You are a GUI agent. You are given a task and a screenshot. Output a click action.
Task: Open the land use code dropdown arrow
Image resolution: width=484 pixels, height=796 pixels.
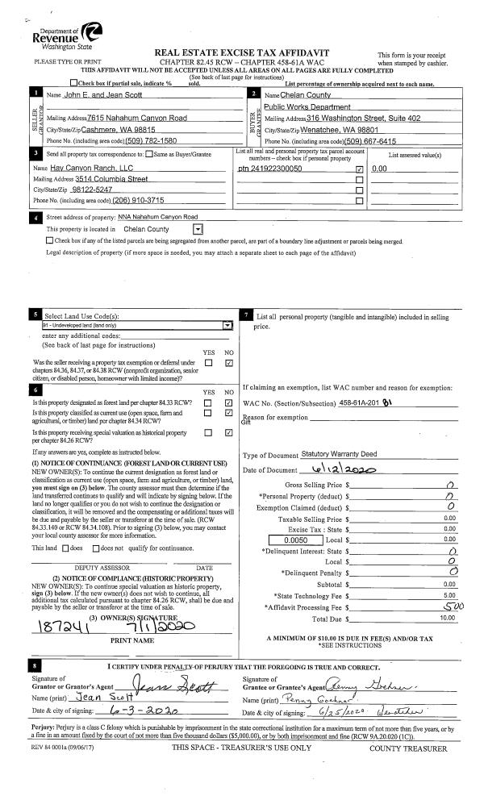point(227,324)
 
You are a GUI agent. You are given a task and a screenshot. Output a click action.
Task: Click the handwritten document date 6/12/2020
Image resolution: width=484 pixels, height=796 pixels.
point(334,470)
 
